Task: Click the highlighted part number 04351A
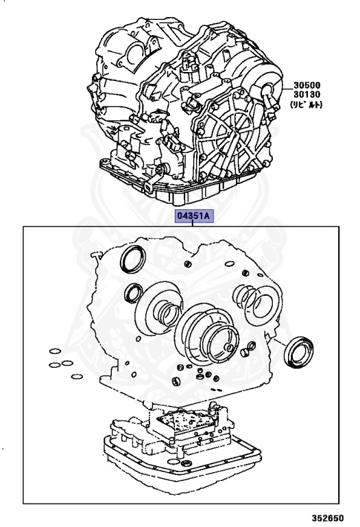point(193,216)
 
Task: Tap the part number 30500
point(307,85)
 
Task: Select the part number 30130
point(307,95)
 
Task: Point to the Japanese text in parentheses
point(306,104)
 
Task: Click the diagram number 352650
point(327,518)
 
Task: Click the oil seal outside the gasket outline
point(298,352)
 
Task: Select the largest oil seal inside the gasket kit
point(133,259)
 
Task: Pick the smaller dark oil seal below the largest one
point(133,293)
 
